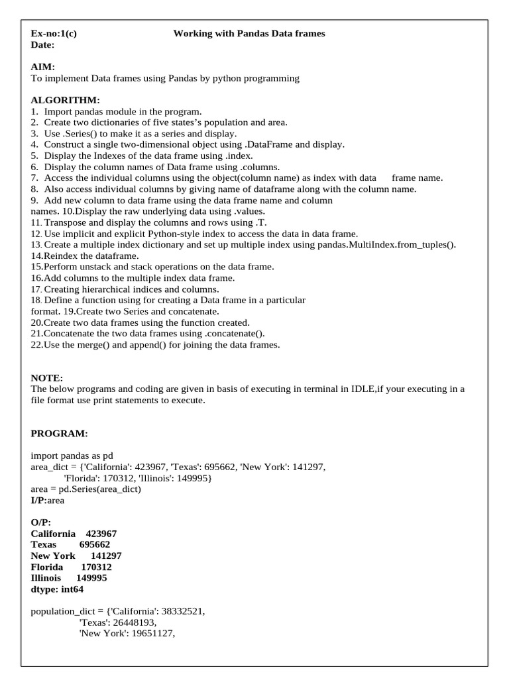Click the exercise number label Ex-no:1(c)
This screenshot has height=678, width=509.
click(54, 33)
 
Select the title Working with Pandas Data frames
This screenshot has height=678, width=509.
click(249, 33)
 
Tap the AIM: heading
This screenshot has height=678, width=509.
click(43, 67)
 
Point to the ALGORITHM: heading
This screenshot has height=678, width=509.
click(66, 100)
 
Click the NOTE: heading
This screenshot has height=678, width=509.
click(47, 377)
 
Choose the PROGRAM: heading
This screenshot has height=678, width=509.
click(59, 433)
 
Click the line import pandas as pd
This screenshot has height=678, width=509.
click(72, 456)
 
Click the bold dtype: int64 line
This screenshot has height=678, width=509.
click(57, 589)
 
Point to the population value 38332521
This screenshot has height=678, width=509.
click(180, 612)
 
